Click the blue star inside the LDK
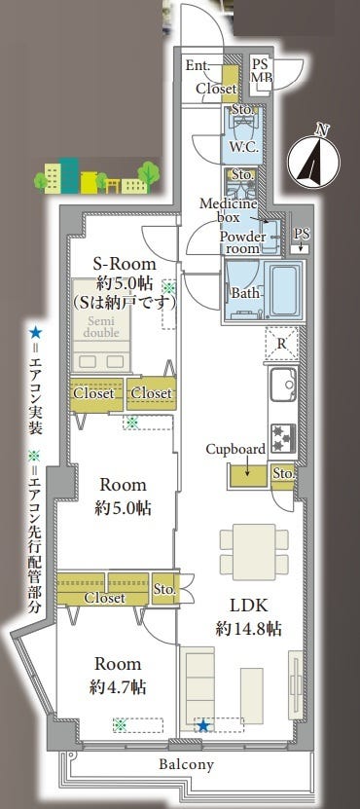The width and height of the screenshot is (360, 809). [x=203, y=726]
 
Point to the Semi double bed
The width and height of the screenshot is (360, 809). [x=101, y=325]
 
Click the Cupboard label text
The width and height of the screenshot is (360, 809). [x=235, y=449]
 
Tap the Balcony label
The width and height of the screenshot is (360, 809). [x=186, y=764]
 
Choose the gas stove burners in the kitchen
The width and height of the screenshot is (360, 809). [x=283, y=438]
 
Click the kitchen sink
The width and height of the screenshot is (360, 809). [x=283, y=384]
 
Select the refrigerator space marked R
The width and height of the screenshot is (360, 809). [x=281, y=343]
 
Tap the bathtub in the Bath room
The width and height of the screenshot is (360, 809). [x=287, y=290]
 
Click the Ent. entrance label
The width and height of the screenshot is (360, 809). [x=198, y=65]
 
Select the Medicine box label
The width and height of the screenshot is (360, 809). [x=228, y=210]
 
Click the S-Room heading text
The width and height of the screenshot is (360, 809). [x=125, y=265]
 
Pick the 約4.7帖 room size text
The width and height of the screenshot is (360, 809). [x=117, y=687]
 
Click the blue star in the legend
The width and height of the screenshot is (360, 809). [x=35, y=332]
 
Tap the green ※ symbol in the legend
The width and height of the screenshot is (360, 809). [x=35, y=455]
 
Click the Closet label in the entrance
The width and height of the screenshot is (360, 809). [x=216, y=89]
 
